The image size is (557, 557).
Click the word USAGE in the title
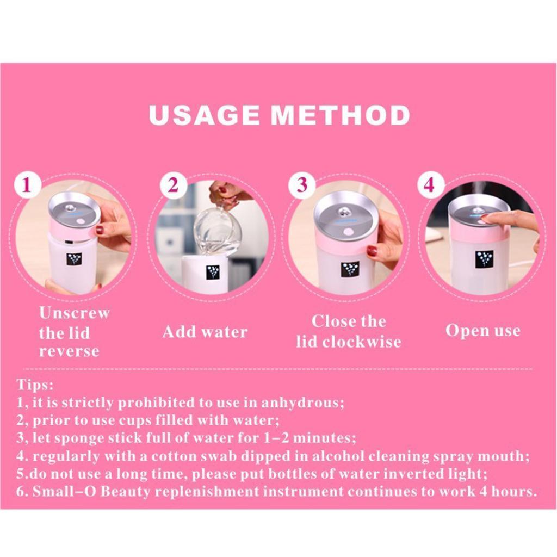coord(205,115)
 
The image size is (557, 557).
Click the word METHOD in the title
coord(341,115)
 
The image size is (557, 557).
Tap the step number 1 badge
coord(27,185)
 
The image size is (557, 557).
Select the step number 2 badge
coord(173,185)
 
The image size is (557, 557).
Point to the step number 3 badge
coord(301,185)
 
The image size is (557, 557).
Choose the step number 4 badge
coord(430,185)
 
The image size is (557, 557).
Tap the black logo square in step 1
coord(74,261)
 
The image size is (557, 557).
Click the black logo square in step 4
coord(484,259)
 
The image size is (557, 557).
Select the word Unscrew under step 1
coord(74,313)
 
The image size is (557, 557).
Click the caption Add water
coord(205,332)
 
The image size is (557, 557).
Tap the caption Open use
coord(483,331)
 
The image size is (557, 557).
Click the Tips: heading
coord(35,385)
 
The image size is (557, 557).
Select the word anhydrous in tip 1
coord(302,403)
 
